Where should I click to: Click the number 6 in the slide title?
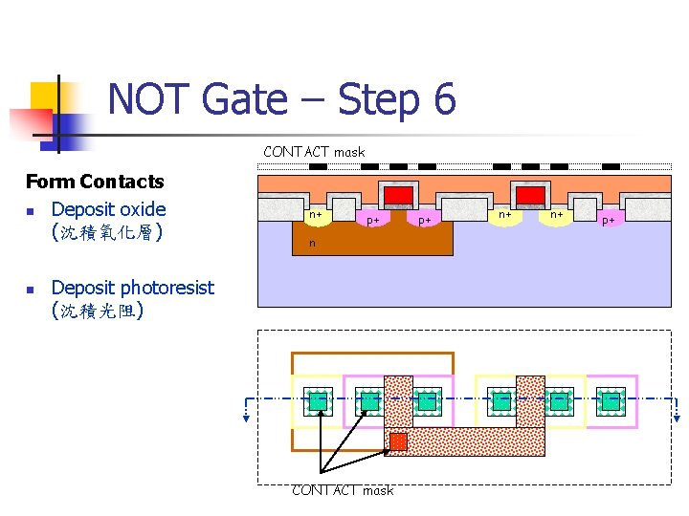442,99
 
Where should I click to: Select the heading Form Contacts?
95,182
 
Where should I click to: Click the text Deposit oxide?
108,209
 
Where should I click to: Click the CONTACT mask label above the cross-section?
314,152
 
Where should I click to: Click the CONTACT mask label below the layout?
343,490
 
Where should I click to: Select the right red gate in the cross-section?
530,196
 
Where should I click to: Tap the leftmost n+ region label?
315,216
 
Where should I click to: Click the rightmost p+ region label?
608,221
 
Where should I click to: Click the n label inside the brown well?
311,243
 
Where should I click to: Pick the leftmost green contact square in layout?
318,400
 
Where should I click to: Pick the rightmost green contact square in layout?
611,400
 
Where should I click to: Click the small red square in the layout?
398,441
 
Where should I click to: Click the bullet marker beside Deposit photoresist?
31,289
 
